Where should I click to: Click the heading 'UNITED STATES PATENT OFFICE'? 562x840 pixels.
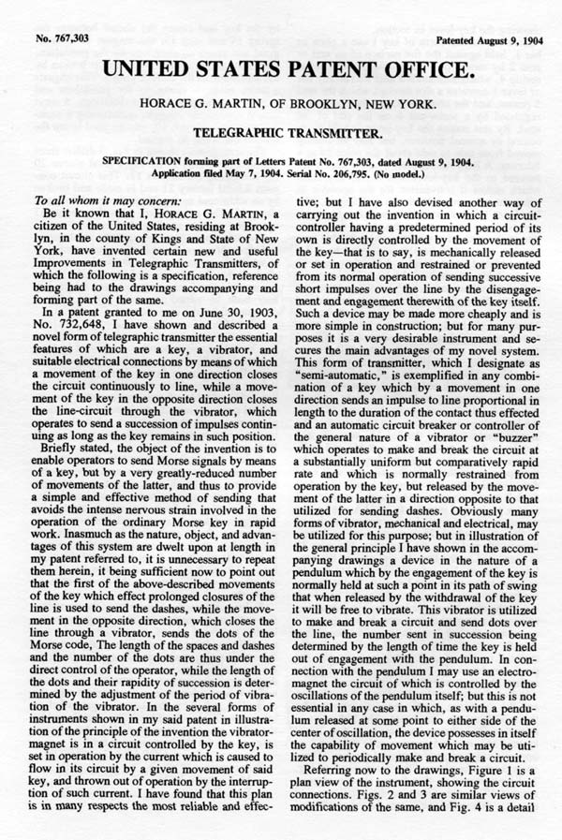click(280, 44)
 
